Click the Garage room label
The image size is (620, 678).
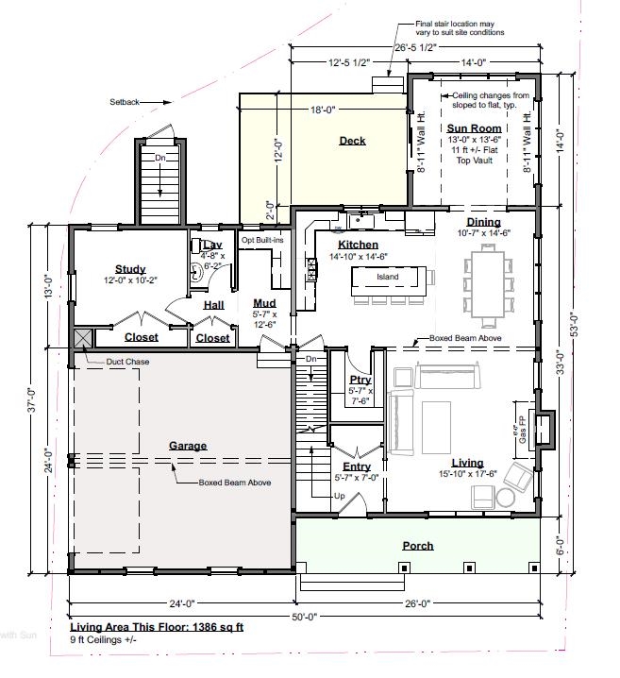[188, 446]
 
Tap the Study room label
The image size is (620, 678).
[130, 269]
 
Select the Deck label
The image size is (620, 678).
[352, 142]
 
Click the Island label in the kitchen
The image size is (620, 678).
[387, 277]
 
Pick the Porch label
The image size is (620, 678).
[417, 546]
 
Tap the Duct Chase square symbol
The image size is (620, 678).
[81, 337]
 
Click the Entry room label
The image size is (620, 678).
[357, 466]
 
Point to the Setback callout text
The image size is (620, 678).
[124, 100]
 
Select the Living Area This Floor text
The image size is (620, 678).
[157, 627]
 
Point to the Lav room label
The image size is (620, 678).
[212, 245]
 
